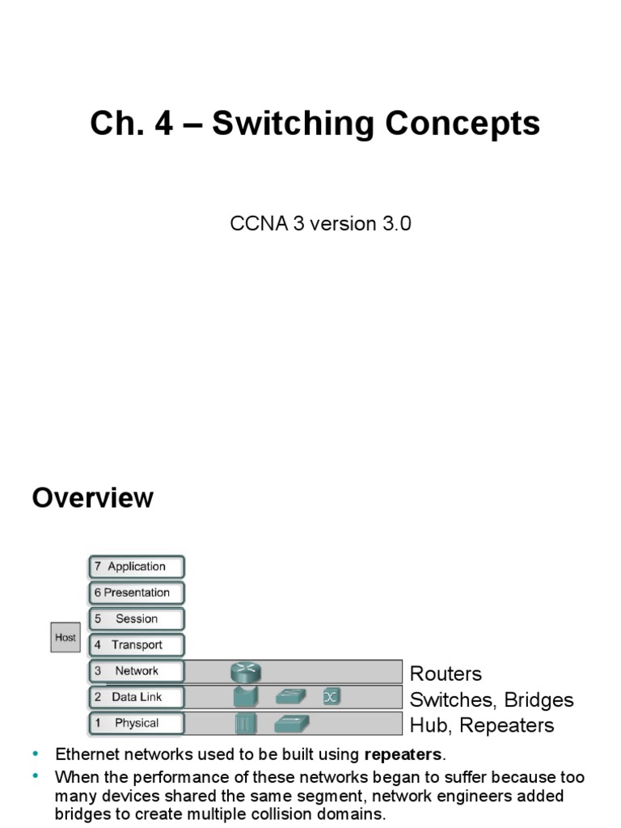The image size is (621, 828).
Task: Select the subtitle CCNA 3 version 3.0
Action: [321, 224]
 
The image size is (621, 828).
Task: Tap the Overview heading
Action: [92, 498]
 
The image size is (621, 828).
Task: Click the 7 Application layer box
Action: [136, 567]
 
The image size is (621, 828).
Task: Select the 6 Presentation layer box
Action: [136, 593]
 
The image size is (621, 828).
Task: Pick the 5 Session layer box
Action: [136, 619]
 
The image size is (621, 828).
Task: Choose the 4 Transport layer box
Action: [136, 645]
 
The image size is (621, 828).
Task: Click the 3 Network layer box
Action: [136, 671]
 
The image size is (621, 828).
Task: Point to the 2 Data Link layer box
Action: [136, 697]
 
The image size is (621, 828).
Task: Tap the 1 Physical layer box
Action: [136, 723]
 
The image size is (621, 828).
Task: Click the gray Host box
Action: [65, 638]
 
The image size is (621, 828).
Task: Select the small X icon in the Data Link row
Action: [331, 697]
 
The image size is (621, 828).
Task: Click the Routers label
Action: [446, 674]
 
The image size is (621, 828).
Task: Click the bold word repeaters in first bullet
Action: [403, 755]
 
